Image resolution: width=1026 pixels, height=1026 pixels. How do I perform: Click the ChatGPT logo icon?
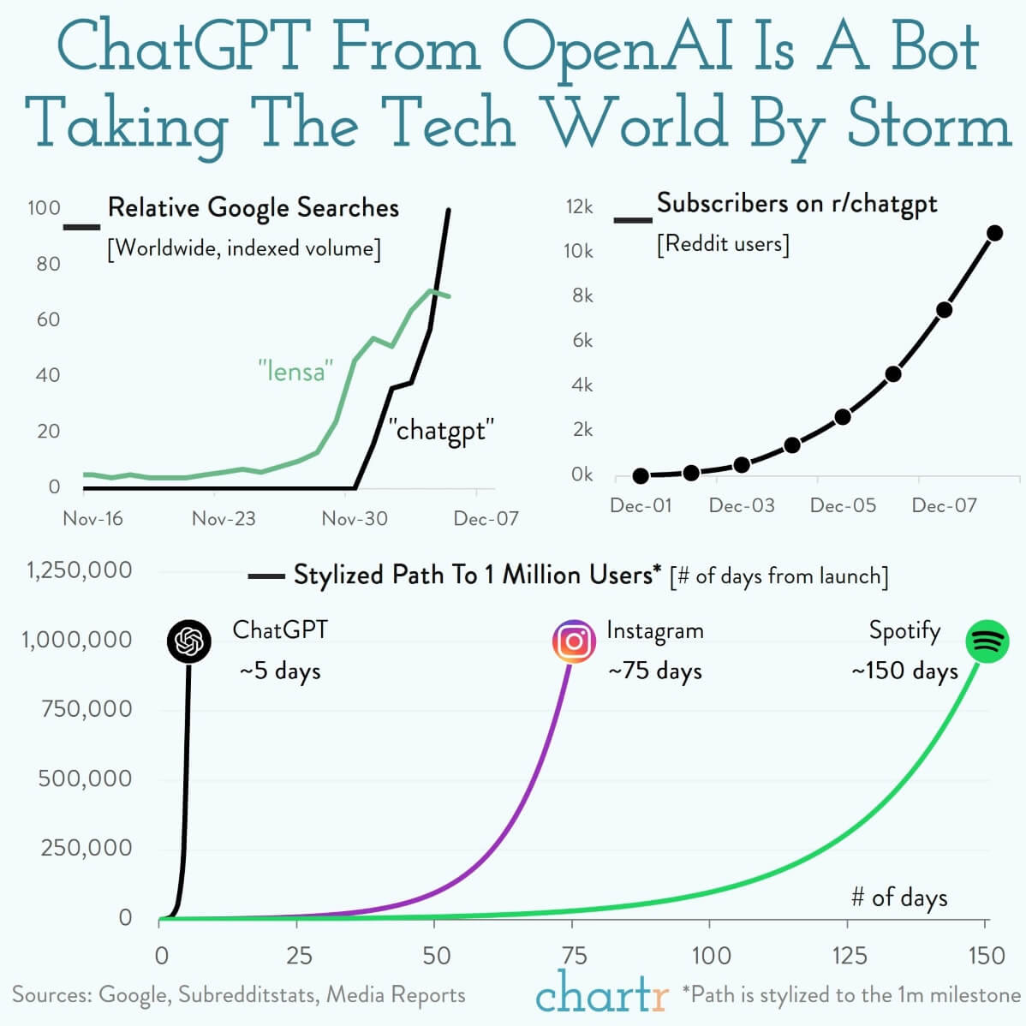click(189, 641)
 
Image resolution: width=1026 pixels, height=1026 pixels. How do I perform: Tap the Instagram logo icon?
click(574, 641)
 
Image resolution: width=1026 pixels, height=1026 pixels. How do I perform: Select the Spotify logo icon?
click(987, 641)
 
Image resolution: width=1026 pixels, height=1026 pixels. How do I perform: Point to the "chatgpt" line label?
click(441, 429)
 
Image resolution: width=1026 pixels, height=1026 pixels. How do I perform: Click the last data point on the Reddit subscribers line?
click(994, 233)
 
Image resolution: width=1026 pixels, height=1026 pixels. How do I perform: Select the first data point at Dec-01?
click(641, 476)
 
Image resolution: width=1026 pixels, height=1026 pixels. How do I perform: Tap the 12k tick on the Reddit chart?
click(579, 206)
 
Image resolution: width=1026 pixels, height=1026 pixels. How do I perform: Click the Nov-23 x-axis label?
click(224, 518)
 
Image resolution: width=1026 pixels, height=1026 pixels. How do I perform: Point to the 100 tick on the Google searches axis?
click(44, 208)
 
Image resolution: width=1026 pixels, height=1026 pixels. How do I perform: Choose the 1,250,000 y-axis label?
click(79, 570)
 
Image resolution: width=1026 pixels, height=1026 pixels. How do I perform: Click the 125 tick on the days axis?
click(848, 955)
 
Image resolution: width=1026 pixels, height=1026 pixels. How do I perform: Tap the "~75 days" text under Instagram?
click(655, 671)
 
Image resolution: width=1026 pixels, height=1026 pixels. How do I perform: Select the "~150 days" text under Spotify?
click(904, 671)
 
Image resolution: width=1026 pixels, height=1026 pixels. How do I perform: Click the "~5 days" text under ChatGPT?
click(280, 671)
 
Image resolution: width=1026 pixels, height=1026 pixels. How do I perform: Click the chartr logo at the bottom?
click(602, 993)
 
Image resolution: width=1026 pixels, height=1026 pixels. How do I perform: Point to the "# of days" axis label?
click(899, 898)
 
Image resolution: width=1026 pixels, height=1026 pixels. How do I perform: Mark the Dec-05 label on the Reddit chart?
click(843, 505)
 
